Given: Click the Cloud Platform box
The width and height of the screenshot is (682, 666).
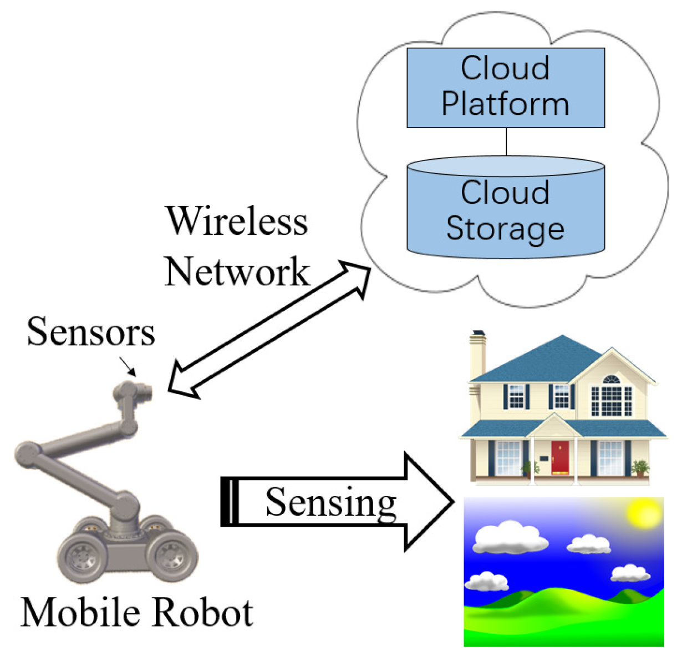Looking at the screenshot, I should click(x=505, y=87).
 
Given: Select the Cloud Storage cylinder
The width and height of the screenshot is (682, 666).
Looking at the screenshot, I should click(x=505, y=211).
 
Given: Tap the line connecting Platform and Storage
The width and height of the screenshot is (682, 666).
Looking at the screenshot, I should click(x=506, y=142).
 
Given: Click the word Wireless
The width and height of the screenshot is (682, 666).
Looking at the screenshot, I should click(x=237, y=221).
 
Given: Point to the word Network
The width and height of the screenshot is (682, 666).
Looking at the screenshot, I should click(x=237, y=271).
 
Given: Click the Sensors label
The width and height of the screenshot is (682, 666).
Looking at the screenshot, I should click(x=91, y=332).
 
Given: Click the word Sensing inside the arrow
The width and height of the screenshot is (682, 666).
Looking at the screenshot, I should click(x=331, y=502).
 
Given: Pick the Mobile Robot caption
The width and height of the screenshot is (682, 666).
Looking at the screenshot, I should click(x=137, y=613).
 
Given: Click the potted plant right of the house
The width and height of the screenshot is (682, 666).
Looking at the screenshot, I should click(x=640, y=467).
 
